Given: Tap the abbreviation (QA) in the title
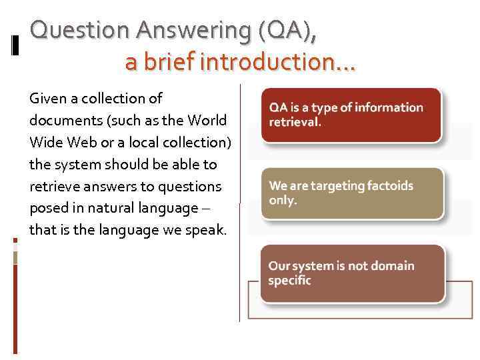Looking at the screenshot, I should [283, 31].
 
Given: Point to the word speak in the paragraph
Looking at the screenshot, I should [208, 230].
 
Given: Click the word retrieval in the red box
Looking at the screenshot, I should [294, 122].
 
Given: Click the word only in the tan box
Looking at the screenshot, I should [282, 200].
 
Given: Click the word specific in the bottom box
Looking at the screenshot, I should [289, 281].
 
